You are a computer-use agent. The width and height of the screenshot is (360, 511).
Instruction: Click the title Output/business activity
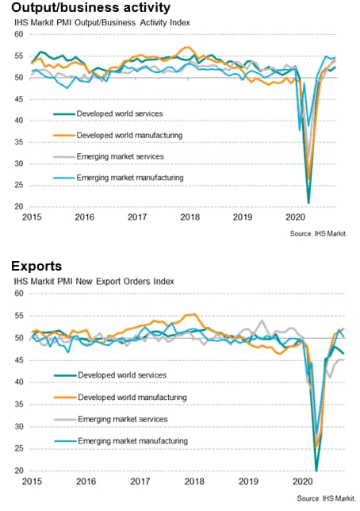[91, 7]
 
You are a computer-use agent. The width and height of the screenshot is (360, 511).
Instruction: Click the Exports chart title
[36, 266]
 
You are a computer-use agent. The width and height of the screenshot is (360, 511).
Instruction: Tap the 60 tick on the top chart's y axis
[19, 34]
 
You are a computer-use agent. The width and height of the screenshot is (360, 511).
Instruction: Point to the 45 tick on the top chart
[19, 99]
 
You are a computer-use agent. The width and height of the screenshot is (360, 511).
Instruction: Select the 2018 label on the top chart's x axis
[190, 217]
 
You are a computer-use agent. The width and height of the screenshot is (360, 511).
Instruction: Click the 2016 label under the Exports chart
[86, 482]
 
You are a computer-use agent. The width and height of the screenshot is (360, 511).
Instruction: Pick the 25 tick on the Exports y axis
[19, 449]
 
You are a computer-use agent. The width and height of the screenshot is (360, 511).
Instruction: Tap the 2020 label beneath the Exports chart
[303, 482]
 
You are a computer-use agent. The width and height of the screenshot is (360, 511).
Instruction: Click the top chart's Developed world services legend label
[120, 113]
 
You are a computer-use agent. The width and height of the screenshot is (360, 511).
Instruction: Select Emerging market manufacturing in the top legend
[130, 178]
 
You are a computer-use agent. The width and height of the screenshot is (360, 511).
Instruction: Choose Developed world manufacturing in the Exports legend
[132, 398]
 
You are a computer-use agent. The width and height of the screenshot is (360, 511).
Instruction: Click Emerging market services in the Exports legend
[123, 419]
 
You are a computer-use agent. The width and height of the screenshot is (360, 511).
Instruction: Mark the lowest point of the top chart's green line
[308, 203]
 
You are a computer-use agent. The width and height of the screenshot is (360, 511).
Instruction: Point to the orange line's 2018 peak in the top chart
[186, 48]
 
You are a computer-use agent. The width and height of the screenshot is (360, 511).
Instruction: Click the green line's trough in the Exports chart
[316, 471]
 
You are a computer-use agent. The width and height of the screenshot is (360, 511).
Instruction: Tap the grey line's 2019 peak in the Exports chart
[262, 321]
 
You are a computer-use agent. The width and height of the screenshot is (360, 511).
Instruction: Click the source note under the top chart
[319, 233]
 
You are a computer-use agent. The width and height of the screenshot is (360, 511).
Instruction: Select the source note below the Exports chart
[327, 498]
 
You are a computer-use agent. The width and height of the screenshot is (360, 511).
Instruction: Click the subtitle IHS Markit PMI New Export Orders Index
[94, 282]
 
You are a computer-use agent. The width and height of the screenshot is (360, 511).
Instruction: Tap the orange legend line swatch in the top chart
[64, 135]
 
